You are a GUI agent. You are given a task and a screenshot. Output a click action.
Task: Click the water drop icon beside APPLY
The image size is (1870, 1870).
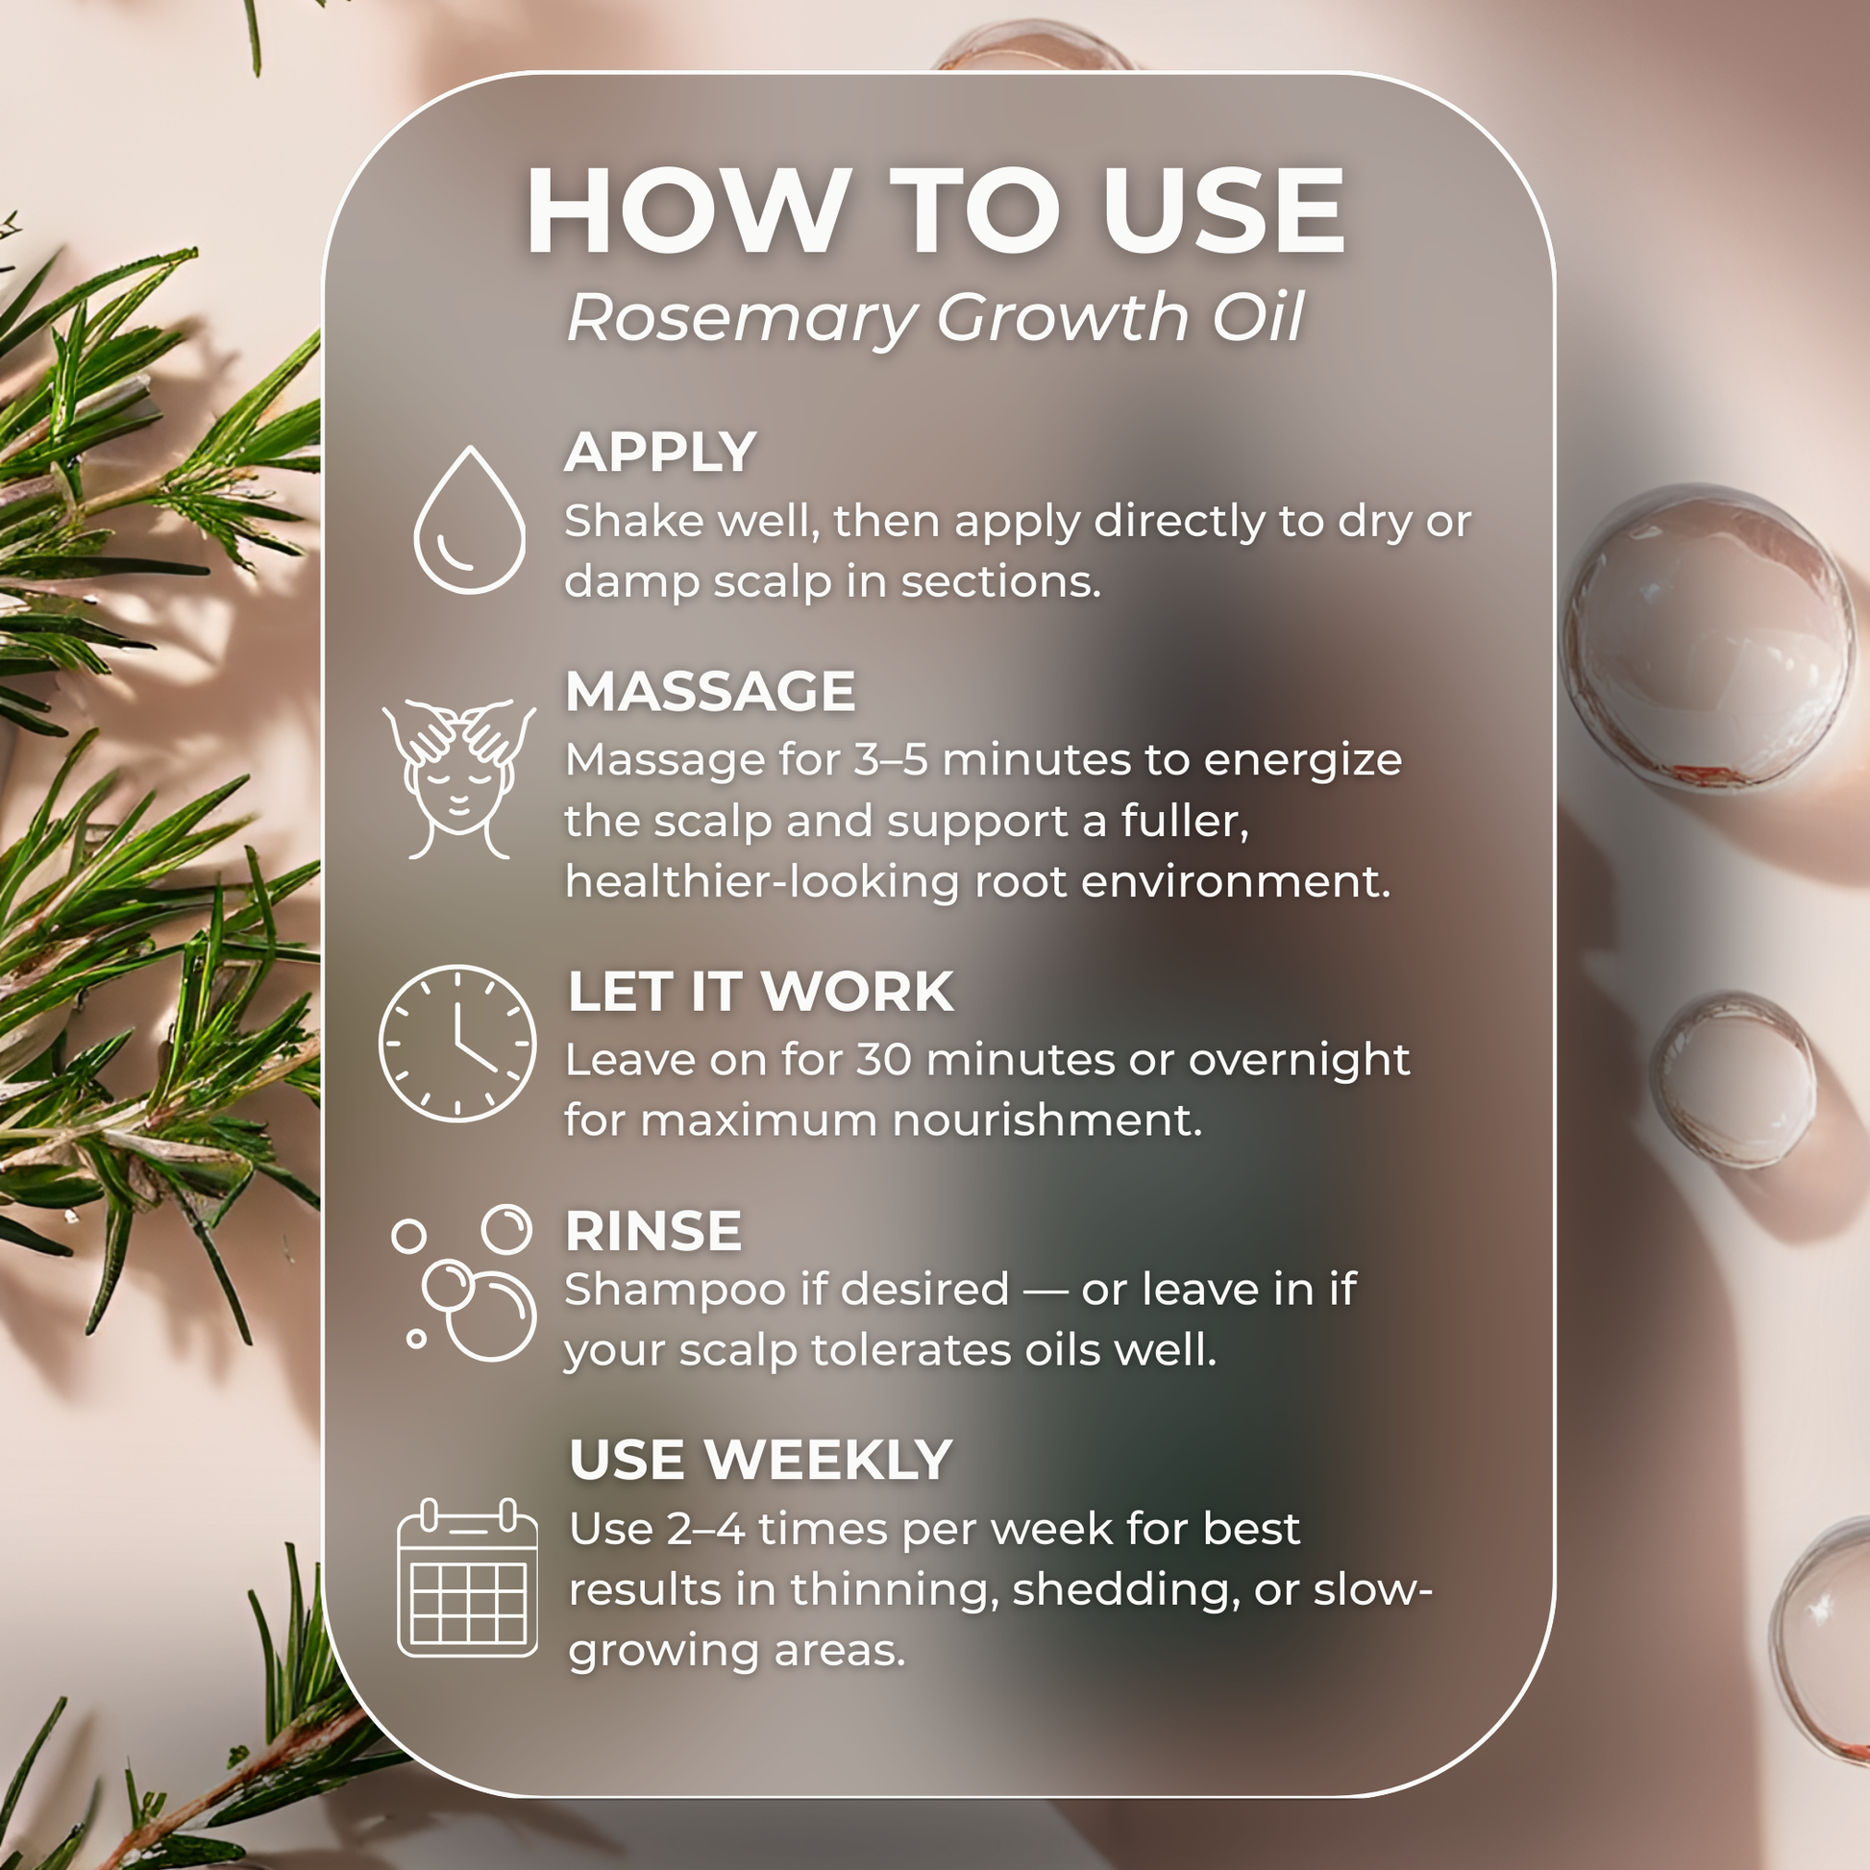click(x=470, y=520)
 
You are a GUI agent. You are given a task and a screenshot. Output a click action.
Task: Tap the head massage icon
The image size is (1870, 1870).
click(x=458, y=778)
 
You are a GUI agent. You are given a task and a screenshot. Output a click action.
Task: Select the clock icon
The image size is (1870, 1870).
click(x=456, y=1043)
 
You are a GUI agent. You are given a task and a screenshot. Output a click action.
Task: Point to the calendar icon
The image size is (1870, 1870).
click(x=467, y=1577)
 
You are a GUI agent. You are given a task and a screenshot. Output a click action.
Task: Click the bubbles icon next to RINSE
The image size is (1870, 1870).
click(x=464, y=1282)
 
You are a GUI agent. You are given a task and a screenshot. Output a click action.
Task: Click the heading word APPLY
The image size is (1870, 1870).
click(x=660, y=452)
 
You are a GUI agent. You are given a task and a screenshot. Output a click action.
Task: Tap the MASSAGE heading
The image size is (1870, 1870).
click(x=710, y=691)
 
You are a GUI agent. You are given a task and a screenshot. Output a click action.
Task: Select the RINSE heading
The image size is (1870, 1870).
click(x=653, y=1230)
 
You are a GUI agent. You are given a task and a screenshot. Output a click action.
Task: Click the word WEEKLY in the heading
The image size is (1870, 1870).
click(x=828, y=1459)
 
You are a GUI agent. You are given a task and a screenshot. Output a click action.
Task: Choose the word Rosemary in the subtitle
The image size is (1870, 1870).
click(x=741, y=318)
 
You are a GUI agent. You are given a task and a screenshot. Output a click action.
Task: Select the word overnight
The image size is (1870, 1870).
click(x=1299, y=1060)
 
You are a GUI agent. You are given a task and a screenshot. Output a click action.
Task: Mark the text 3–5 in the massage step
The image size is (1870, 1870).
click(x=891, y=760)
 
